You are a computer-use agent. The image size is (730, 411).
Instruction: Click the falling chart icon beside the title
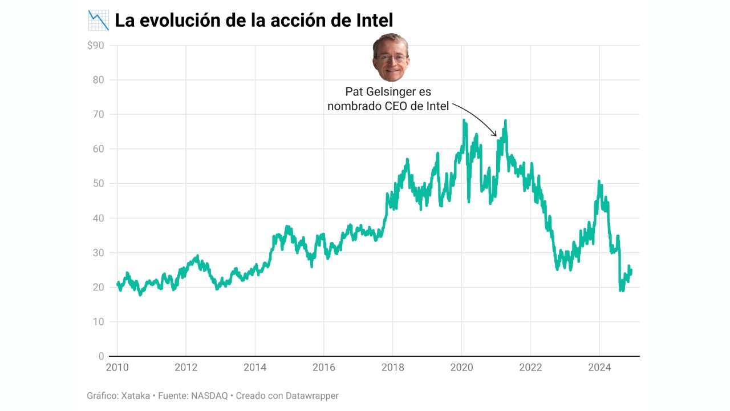pos(98,21)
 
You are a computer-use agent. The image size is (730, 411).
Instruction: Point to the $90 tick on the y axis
pos(95,45)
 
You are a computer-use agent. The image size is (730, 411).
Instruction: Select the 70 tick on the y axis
pos(98,114)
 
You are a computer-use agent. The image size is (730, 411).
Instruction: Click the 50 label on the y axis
pos(98,183)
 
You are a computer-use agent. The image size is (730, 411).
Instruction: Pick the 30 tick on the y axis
pos(98,252)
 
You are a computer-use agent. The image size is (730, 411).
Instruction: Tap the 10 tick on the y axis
pos(98,322)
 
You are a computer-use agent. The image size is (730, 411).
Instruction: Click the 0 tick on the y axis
pos(101,356)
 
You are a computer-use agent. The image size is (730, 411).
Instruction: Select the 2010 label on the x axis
pos(117,367)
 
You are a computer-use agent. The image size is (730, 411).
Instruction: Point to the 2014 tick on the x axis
pos(254,367)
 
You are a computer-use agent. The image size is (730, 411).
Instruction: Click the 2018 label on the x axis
pos(392,367)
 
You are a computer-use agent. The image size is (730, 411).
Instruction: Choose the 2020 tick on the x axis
pos(461,367)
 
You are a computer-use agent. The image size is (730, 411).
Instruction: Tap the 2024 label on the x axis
pos(599,367)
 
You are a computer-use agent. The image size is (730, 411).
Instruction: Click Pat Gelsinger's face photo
pos(391,57)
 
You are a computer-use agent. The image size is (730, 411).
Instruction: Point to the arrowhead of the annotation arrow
pos(496,135)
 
